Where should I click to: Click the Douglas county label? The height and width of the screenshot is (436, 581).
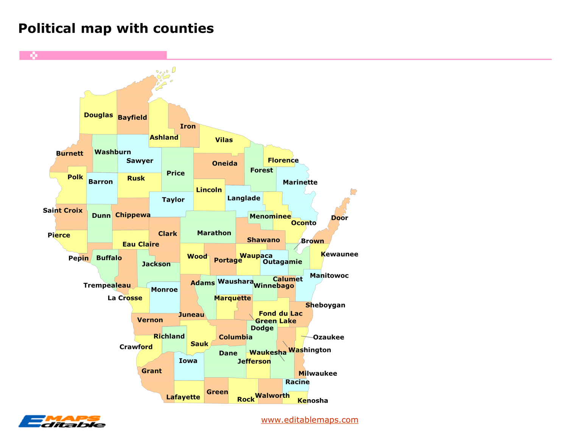click(98, 115)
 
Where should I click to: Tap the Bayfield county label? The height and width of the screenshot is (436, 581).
click(132, 117)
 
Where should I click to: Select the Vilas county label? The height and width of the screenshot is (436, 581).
click(224, 140)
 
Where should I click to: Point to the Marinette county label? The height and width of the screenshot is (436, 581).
click(300, 182)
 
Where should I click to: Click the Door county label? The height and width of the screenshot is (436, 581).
click(339, 218)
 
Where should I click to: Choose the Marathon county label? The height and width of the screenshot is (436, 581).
click(214, 233)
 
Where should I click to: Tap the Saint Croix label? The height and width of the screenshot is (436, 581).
click(62, 211)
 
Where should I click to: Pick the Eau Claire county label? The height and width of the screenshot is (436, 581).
click(140, 244)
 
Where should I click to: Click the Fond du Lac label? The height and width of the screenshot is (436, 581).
click(280, 313)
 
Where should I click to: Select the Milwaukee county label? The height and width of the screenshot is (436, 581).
click(318, 373)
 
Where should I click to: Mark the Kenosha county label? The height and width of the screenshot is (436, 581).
click(313, 401)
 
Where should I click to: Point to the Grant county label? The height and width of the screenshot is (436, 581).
click(151, 371)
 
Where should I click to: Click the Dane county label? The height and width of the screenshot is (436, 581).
click(228, 353)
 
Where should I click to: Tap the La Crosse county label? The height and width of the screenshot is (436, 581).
click(125, 298)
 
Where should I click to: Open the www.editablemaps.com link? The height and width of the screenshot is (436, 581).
click(309, 420)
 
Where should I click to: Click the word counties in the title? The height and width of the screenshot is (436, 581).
click(183, 28)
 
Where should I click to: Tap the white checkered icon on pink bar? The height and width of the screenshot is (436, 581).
click(34, 56)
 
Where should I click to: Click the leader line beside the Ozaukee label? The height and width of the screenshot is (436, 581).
click(307, 337)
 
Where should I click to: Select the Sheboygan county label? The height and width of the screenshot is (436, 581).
click(325, 305)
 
